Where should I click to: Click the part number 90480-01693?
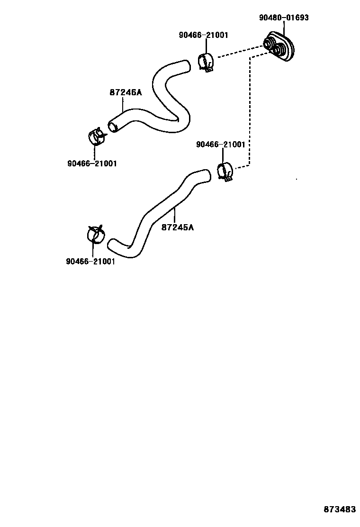tap(284, 18)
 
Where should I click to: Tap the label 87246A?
tap(126, 92)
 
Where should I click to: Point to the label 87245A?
tap(178, 227)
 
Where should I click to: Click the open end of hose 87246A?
tap(112, 127)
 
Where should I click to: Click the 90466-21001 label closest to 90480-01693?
tap(204, 35)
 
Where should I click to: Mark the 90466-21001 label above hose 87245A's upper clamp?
tap(221, 145)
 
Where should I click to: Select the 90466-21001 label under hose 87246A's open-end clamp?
tap(92, 164)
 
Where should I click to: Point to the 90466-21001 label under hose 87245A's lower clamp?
tap(90, 261)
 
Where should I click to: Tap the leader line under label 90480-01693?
tap(284, 28)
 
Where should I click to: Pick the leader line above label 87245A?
tap(175, 215)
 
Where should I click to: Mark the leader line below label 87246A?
tap(124, 104)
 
